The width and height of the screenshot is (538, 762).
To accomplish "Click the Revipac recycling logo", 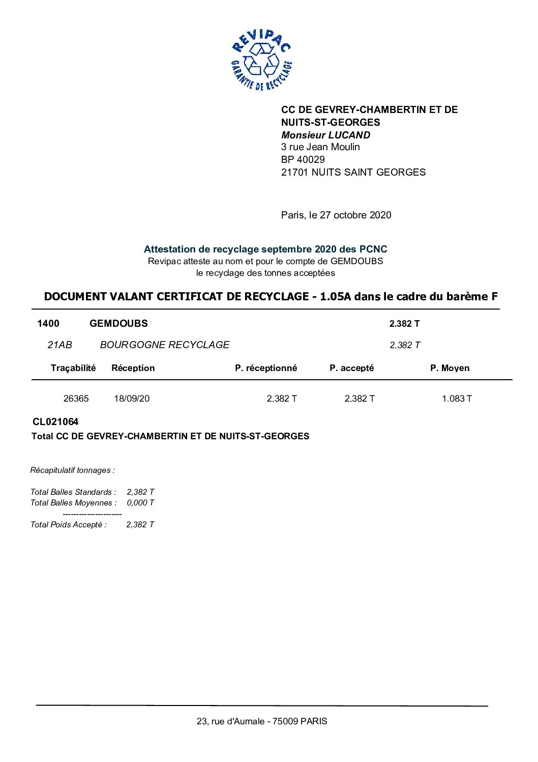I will [261, 60].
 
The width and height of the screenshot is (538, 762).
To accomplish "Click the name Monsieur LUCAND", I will [325, 135].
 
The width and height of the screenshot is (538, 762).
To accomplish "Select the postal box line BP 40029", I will [303, 159].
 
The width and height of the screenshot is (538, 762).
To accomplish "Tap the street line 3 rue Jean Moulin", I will [320, 147].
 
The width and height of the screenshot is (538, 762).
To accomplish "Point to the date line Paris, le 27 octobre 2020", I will [336, 215].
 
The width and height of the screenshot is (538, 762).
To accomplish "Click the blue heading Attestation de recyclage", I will [265, 249].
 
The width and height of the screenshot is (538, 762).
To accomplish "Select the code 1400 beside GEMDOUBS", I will [48, 324].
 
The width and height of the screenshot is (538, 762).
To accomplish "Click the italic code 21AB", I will [60, 345].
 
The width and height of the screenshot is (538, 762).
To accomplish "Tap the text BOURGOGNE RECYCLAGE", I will [165, 345].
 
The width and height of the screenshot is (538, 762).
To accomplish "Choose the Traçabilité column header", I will [73, 368].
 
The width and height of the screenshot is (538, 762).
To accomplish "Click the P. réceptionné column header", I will [266, 368].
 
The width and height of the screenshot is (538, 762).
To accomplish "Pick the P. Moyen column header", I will [450, 368].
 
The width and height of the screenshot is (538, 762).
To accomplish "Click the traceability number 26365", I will [76, 399].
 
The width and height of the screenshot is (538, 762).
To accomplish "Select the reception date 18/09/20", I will [132, 399].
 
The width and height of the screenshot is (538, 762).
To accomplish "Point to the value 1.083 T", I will [457, 399].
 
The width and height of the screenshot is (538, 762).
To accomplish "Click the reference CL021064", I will [55, 422].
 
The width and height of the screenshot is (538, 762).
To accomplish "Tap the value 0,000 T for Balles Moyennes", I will [140, 503].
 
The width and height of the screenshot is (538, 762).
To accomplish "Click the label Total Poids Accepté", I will [69, 525].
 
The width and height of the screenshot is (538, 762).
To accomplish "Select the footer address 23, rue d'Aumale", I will [262, 721].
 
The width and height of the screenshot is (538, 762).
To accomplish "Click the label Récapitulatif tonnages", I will [72, 470].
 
